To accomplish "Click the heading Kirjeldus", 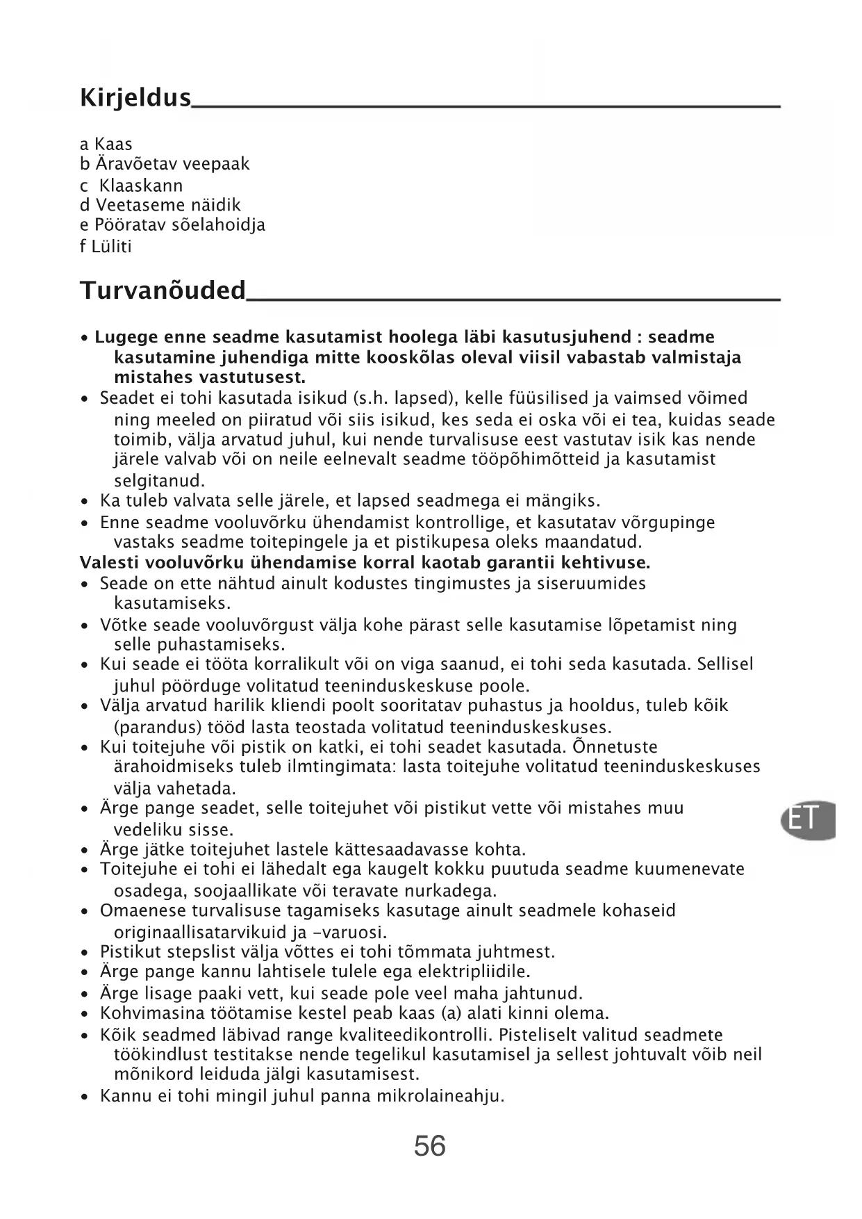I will [x=135, y=98].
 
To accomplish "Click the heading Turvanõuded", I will [x=163, y=290].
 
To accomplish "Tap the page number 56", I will [x=430, y=1145].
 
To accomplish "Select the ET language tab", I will [x=806, y=820].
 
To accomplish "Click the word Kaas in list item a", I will [x=113, y=144].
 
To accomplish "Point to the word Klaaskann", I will [x=141, y=186].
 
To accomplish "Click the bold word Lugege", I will [x=125, y=337].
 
